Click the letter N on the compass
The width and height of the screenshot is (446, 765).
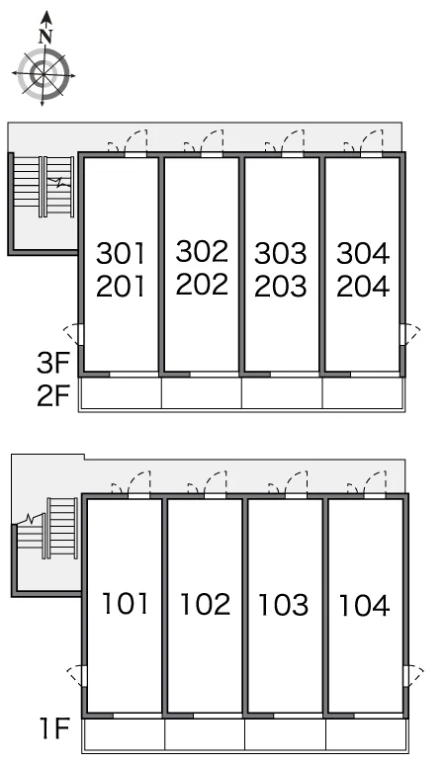click(x=45, y=37)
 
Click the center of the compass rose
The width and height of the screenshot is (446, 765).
click(x=44, y=75)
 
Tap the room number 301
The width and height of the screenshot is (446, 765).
click(x=121, y=253)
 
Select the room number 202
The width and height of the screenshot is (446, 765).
click(x=202, y=284)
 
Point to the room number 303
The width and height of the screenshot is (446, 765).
click(x=281, y=253)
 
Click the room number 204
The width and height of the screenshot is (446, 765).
click(x=363, y=286)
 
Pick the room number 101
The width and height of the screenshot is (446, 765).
click(x=125, y=604)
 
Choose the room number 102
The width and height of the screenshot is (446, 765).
click(x=205, y=604)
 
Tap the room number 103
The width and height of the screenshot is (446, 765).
click(x=283, y=605)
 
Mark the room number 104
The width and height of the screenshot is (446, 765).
click(x=364, y=606)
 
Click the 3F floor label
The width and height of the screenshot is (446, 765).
click(x=53, y=363)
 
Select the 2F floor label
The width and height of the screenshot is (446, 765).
click(x=53, y=395)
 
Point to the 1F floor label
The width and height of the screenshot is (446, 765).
click(x=55, y=728)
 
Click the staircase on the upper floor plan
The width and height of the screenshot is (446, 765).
click(x=44, y=187)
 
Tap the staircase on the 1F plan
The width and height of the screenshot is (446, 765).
click(x=47, y=528)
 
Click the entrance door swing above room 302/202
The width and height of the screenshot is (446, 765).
click(x=212, y=142)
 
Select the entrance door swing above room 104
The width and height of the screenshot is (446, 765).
click(x=374, y=484)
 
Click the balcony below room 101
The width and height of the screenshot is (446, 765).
click(x=125, y=734)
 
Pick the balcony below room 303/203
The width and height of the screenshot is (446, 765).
click(x=282, y=392)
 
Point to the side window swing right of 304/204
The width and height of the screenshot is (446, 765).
click(x=410, y=335)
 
